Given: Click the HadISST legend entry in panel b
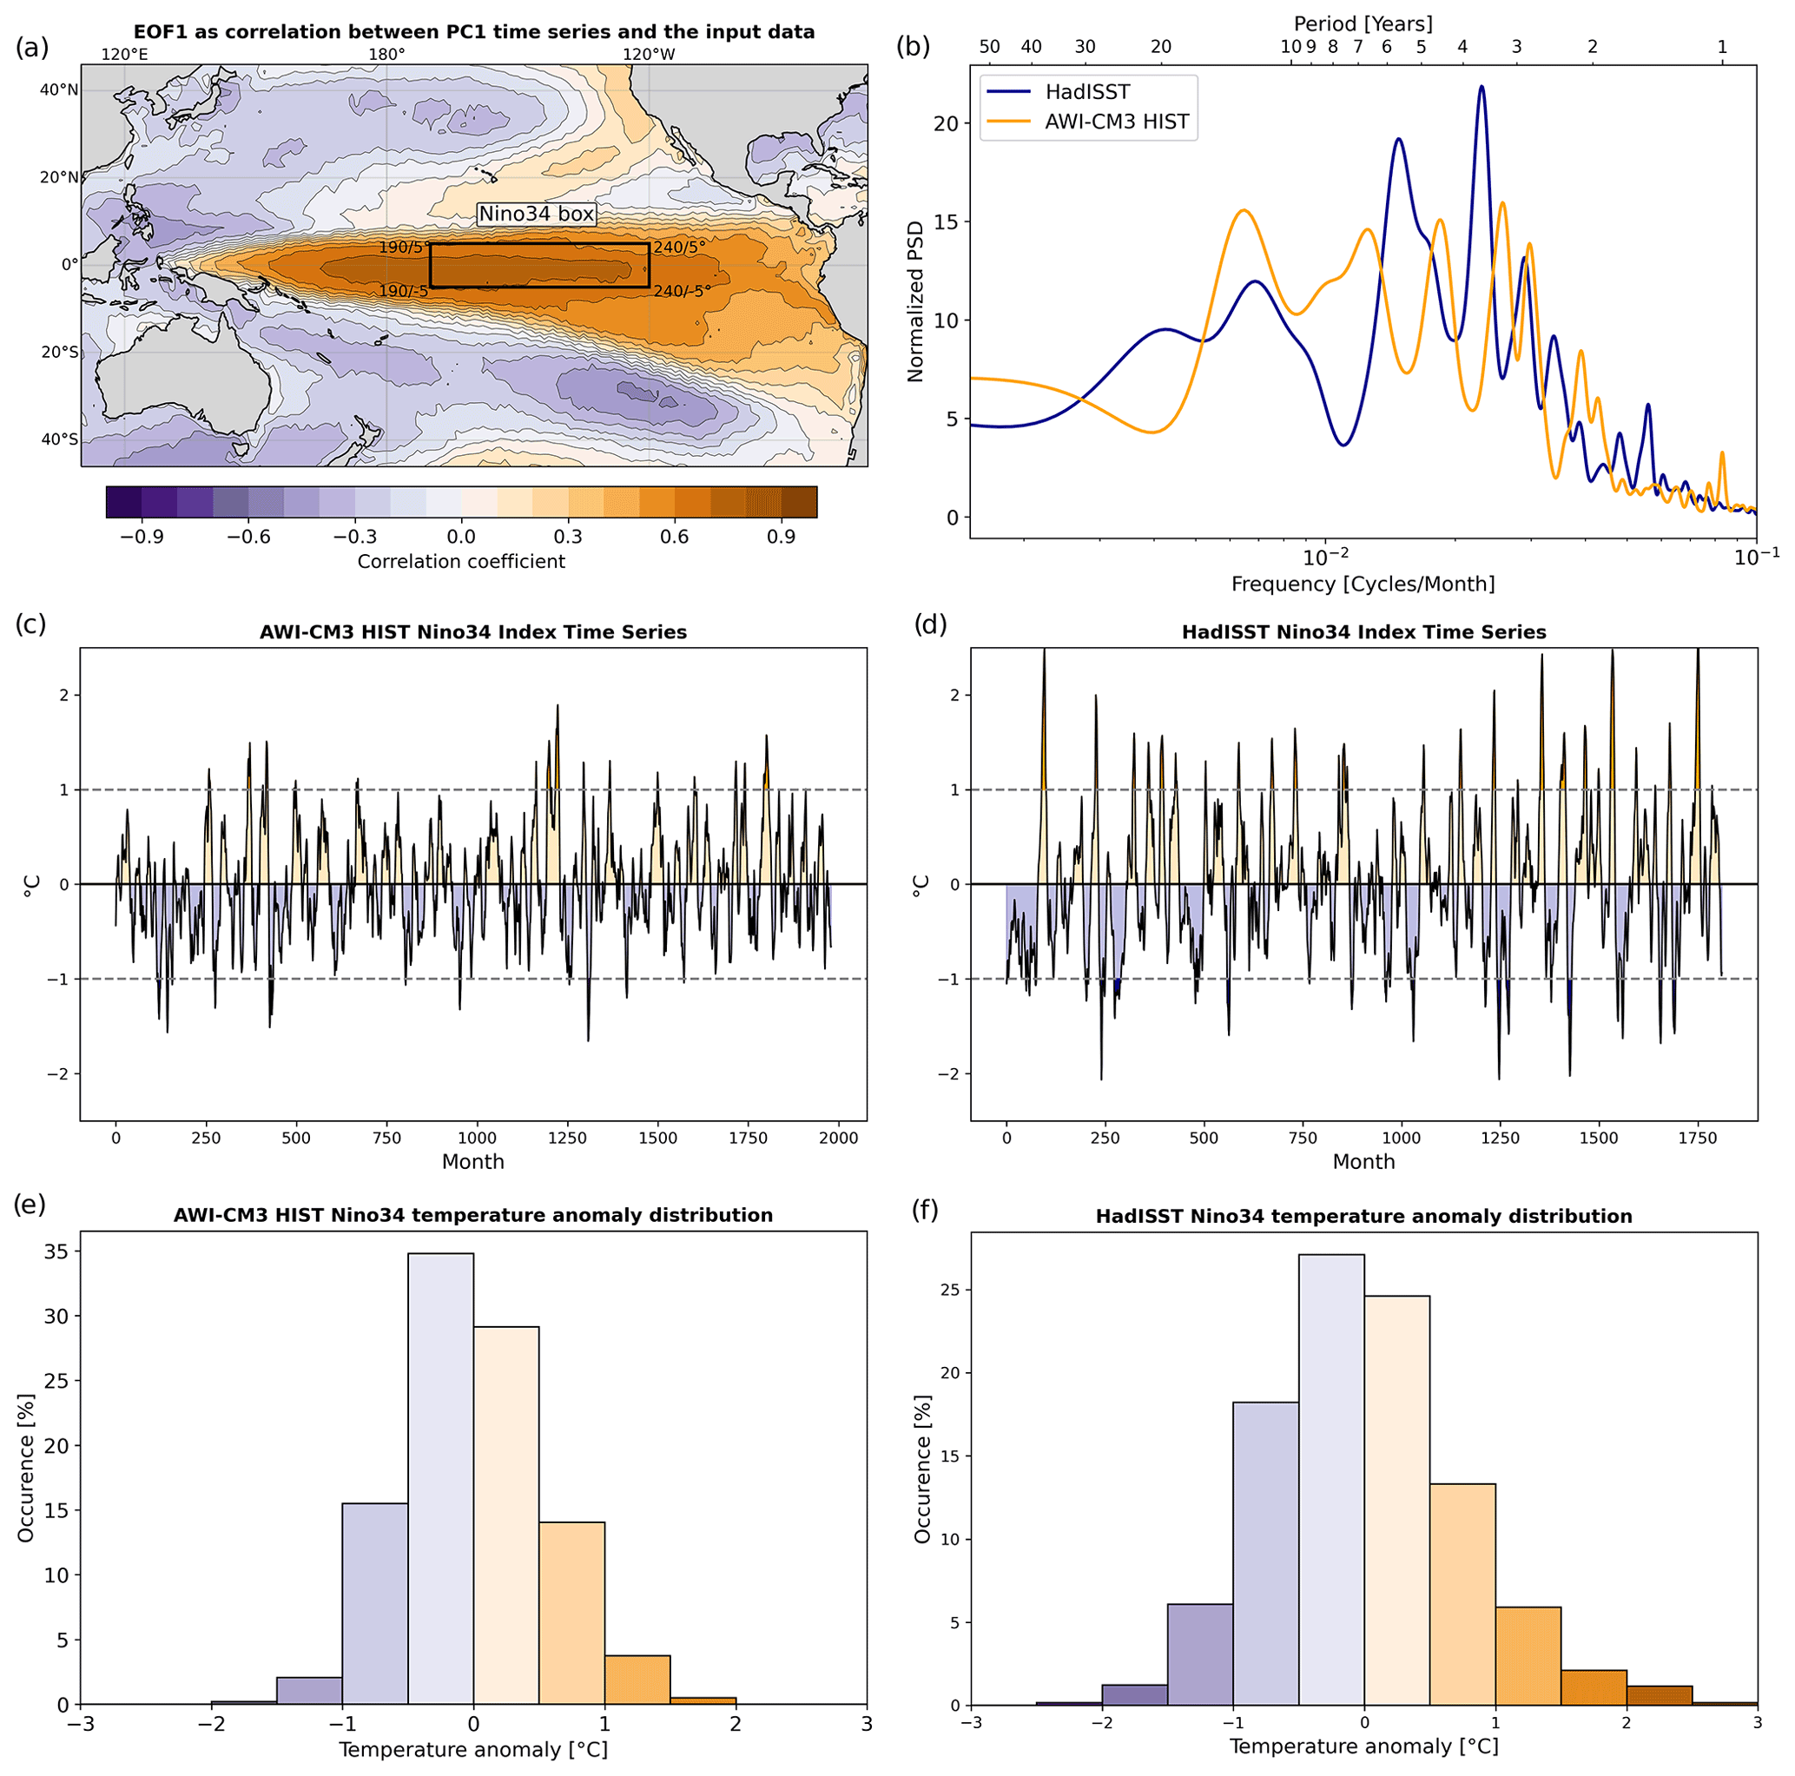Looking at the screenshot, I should [x=1087, y=92].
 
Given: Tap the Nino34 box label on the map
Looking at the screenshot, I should [x=536, y=214].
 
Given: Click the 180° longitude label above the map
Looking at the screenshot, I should [x=386, y=54].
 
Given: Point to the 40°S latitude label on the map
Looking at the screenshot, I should [x=58, y=439].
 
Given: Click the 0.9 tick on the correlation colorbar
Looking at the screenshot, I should [x=782, y=538].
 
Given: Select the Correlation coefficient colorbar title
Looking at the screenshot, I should [x=461, y=561].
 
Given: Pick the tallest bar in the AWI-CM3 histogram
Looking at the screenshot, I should [x=440, y=1477].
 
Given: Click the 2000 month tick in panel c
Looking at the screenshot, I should [x=838, y=1138].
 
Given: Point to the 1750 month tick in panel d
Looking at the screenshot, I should [x=1698, y=1138].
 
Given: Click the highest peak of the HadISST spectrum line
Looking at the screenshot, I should [x=1481, y=88].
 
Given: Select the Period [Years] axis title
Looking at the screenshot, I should [x=1363, y=23].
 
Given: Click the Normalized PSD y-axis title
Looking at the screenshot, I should [x=916, y=301].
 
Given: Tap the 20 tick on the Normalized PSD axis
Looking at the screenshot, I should [x=947, y=123].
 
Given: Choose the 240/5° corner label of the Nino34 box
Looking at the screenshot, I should [x=678, y=248].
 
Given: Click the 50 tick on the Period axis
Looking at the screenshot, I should [x=989, y=47].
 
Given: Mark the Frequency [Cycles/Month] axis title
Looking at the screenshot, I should [x=1363, y=584].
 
